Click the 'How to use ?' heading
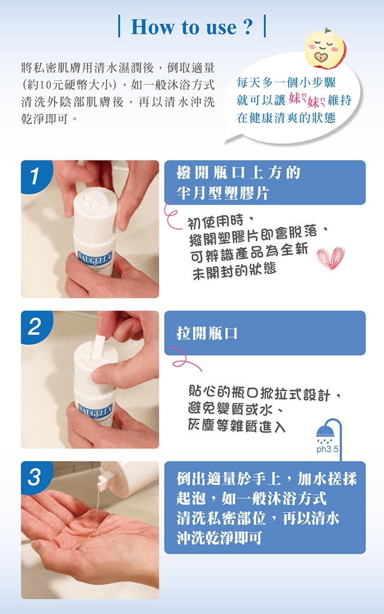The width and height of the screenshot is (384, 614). click(191, 27)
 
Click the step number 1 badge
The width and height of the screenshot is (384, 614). click(34, 175)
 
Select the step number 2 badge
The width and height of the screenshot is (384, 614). click(34, 326)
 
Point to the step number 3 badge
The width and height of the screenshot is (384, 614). click(34, 476)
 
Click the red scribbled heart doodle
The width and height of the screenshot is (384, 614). click(331, 257)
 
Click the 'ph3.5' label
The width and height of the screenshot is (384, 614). click(327, 449)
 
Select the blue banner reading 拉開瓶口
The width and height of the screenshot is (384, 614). click(265, 333)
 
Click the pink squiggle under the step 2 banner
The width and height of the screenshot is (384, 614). click(187, 364)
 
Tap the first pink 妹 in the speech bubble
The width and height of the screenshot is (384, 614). click(295, 99)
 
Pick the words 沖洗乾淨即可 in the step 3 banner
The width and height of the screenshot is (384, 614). click(219, 538)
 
